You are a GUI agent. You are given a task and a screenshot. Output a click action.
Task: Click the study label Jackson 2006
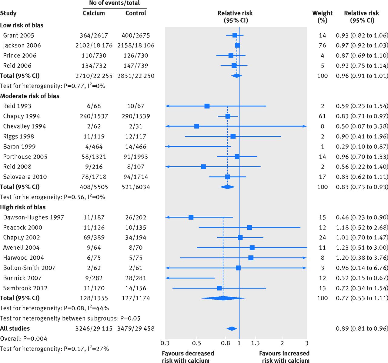pyautogui.click(x=22, y=45)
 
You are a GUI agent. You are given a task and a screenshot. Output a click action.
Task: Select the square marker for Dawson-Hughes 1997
pyautogui.click(x=191, y=217)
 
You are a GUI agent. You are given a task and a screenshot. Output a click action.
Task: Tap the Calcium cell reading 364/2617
pyautogui.click(x=94, y=35)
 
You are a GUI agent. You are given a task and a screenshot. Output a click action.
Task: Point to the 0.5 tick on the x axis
pyautogui.click(x=196, y=343)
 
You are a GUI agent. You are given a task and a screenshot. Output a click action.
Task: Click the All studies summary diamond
pyautogui.click(x=232, y=328)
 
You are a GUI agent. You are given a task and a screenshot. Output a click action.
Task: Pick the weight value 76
pyautogui.click(x=322, y=45)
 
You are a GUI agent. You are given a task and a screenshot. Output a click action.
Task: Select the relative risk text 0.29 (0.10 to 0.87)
pyautogui.click(x=362, y=147)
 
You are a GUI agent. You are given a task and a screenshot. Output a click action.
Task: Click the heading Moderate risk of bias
pyautogui.click(x=30, y=96)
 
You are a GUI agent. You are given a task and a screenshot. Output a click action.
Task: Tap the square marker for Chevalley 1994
pyautogui.click(x=196, y=126)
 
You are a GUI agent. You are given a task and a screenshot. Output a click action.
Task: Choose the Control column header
pyautogui.click(x=135, y=13)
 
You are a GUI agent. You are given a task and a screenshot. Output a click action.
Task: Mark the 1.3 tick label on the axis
pyautogui.click(x=255, y=343)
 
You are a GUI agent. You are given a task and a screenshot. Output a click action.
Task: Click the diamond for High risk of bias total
pyautogui.click(x=223, y=298)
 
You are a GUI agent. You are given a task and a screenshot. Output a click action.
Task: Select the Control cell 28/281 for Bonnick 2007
pyautogui.click(x=135, y=278)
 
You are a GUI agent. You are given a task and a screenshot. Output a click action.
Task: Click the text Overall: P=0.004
pyautogui.click(x=24, y=339)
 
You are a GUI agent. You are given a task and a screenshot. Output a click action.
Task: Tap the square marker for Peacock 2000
pyautogui.click(x=249, y=227)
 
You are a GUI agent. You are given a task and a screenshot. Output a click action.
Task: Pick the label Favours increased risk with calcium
pyautogui.click(x=284, y=357)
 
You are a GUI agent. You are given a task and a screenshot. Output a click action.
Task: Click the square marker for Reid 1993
pyautogui.click(x=207, y=106)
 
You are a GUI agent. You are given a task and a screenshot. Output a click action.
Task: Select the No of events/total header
pyautogui.click(x=114, y=3)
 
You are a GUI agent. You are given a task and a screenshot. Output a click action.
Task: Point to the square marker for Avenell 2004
pyautogui.click(x=252, y=248)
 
